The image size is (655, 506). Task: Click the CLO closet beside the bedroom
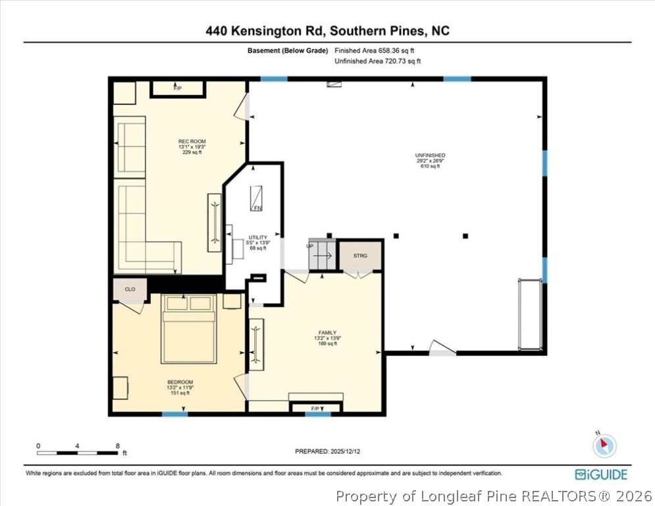click(130, 289)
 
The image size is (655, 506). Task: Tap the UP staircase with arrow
click(323, 254)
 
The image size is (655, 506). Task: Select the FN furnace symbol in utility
click(258, 198)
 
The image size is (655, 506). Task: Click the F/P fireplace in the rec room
click(178, 88)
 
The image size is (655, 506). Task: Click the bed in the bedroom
click(189, 329)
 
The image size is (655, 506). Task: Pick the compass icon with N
click(604, 445)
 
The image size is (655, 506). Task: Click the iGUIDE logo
click(601, 474)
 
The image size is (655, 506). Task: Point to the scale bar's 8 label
click(117, 446)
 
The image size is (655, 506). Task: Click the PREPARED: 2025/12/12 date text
click(328, 451)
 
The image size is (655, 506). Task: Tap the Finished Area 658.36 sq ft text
click(375, 51)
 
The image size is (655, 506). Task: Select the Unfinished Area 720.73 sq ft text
click(377, 61)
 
